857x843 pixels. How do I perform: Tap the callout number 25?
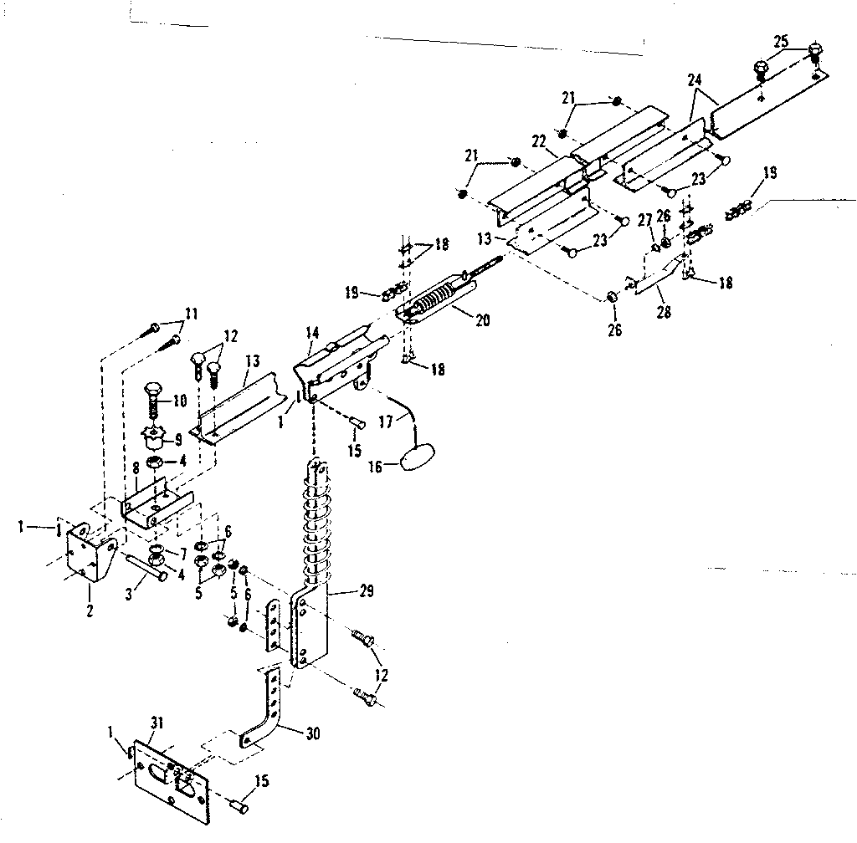[x=780, y=41]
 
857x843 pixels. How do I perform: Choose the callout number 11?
[x=192, y=314]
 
